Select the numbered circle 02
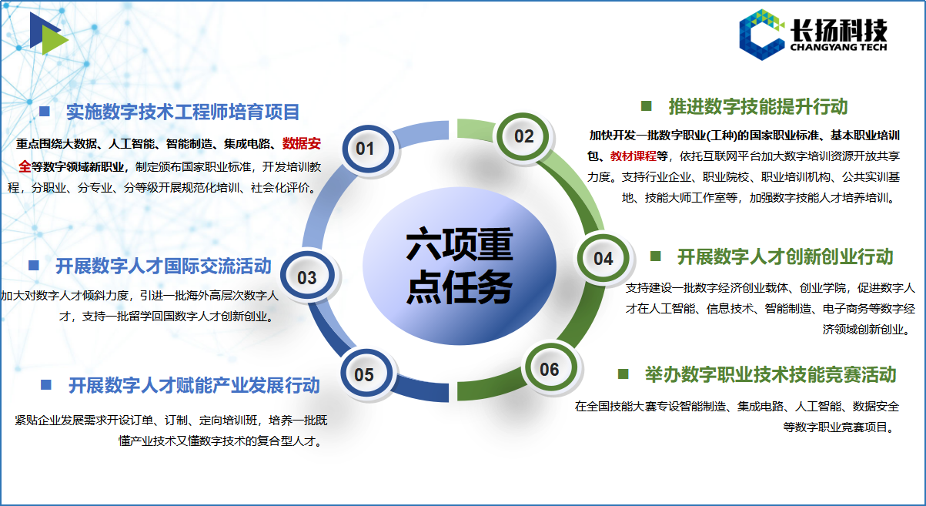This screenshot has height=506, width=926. click(x=523, y=136)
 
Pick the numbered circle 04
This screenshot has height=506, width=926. click(x=603, y=258)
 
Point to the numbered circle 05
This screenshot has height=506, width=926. click(x=366, y=374)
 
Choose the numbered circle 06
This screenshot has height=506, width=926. click(x=550, y=368)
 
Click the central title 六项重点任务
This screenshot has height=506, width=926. click(x=460, y=266)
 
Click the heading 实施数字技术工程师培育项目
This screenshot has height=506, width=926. click(x=182, y=112)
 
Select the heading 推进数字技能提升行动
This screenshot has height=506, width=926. click(x=758, y=107)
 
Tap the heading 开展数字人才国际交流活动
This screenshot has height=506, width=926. click(x=163, y=266)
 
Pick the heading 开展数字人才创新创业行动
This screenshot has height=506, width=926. click(x=785, y=256)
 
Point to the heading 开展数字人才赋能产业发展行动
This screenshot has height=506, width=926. click(x=194, y=385)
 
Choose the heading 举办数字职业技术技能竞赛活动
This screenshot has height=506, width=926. click(x=771, y=374)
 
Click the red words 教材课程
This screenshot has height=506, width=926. click(x=633, y=156)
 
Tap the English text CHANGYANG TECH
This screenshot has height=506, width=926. click(x=839, y=47)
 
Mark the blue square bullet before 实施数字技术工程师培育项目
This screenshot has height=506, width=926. click(x=44, y=111)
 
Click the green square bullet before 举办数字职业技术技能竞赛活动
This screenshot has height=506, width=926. click(x=623, y=374)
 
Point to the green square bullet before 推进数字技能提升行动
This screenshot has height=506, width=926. click(x=646, y=106)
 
